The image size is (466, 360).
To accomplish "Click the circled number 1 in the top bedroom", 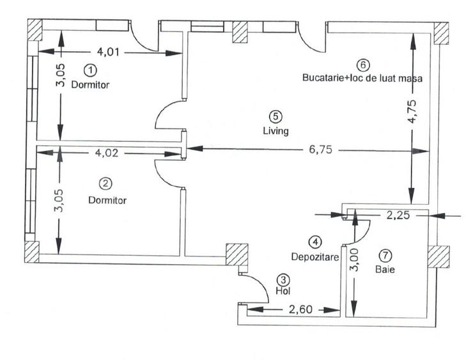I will [x=91, y=68].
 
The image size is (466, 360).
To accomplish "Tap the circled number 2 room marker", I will [x=107, y=184].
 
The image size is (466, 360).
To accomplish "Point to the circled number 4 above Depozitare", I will [x=315, y=242].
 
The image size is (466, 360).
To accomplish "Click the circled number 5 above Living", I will [x=276, y=116].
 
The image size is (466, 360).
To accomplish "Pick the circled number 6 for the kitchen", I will [x=363, y=65].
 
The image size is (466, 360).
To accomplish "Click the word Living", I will [x=276, y=132].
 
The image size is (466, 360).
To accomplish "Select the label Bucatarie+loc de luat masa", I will [x=362, y=78].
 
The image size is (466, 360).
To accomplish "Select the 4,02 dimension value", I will [x=107, y=153].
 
